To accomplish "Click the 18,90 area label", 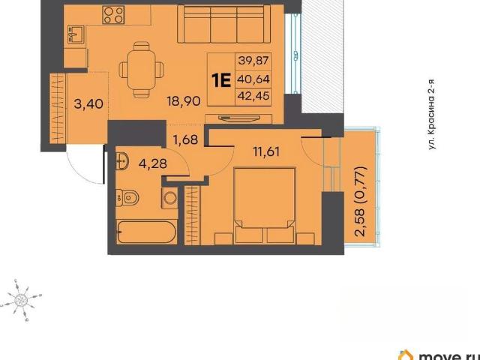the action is pyautogui.click(x=184, y=100).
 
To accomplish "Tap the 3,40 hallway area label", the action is pyautogui.click(x=88, y=103).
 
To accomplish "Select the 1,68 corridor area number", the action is pyautogui.click(x=185, y=139).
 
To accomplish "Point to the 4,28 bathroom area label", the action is pyautogui.click(x=153, y=163).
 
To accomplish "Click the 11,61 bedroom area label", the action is pyautogui.click(x=266, y=151).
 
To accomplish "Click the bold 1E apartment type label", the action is pyautogui.click(x=221, y=81).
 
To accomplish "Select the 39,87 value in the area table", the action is pyautogui.click(x=253, y=60).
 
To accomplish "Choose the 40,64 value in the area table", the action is pyautogui.click(x=253, y=79).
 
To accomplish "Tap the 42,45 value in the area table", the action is pyautogui.click(x=253, y=96).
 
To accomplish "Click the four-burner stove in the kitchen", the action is pyautogui.click(x=113, y=15).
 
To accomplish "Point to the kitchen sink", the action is pyautogui.click(x=76, y=34).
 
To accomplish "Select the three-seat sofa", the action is pyautogui.click(x=223, y=25).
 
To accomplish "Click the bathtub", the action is pyautogui.click(x=147, y=232).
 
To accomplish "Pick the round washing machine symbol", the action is pyautogui.click(x=169, y=198).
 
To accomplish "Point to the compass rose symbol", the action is pyautogui.click(x=21, y=298).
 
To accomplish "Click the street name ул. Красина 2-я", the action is pyautogui.click(x=431, y=114).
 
